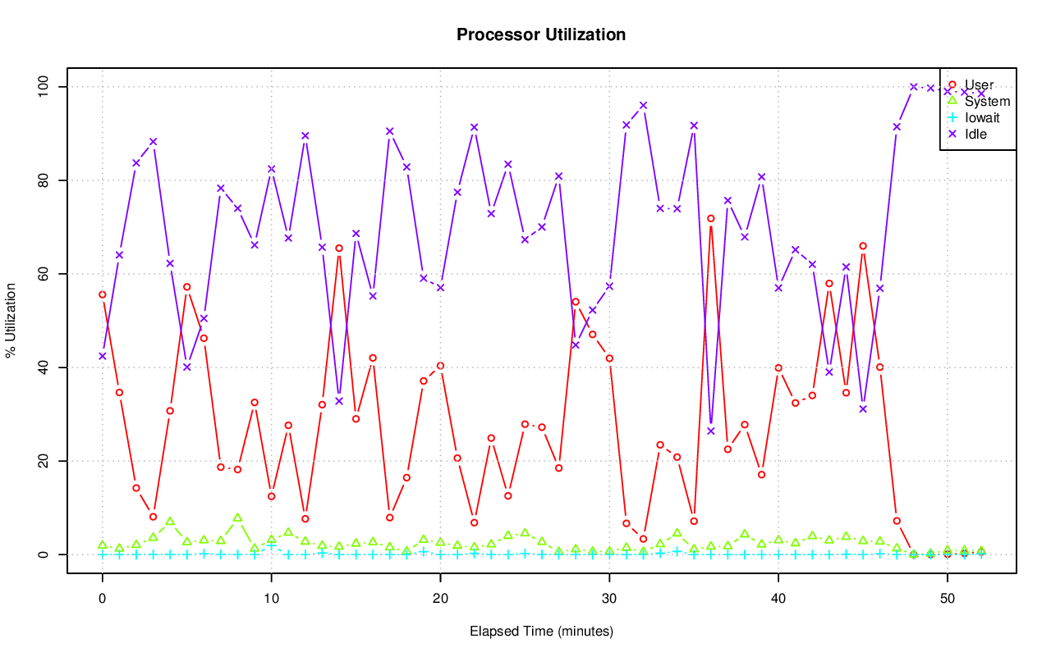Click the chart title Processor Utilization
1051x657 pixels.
point(541,35)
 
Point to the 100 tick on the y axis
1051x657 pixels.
point(45,87)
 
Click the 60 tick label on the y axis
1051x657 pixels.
point(45,274)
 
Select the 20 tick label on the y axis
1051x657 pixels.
point(45,461)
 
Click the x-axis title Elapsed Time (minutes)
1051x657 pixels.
point(541,632)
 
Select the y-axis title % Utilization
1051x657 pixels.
point(11,321)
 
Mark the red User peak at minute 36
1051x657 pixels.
point(711,218)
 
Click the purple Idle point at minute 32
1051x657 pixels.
point(643,105)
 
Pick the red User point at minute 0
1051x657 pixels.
point(102,294)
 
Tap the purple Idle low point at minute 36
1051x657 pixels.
point(711,431)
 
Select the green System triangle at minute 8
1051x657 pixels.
point(237,518)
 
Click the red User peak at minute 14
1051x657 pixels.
point(339,248)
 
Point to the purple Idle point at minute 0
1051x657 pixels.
point(102,356)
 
